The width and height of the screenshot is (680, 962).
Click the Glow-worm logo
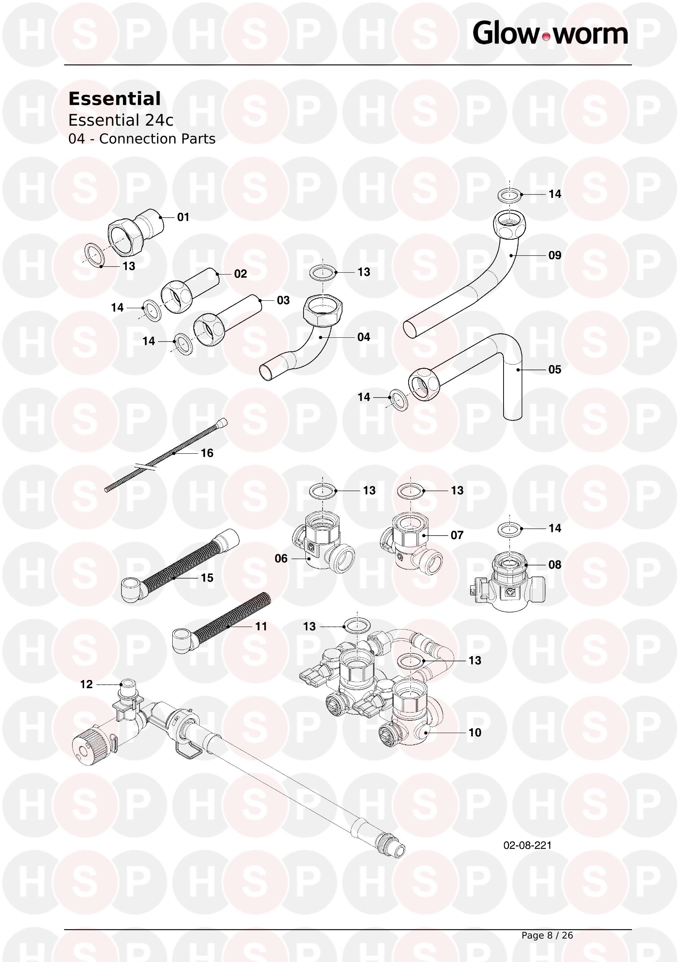[x=550, y=34]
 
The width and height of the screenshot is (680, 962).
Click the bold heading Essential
[x=114, y=99]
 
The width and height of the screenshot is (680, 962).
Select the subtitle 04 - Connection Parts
[x=142, y=139]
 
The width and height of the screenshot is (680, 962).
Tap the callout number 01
[x=183, y=217]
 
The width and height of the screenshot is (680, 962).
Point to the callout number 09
[x=555, y=255]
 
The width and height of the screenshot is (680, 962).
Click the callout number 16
[x=207, y=453]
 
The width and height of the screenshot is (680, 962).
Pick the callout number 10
[x=475, y=732]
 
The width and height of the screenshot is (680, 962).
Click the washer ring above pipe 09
[x=510, y=194]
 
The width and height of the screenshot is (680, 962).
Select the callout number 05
[x=555, y=369]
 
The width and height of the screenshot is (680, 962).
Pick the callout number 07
[x=457, y=535]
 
